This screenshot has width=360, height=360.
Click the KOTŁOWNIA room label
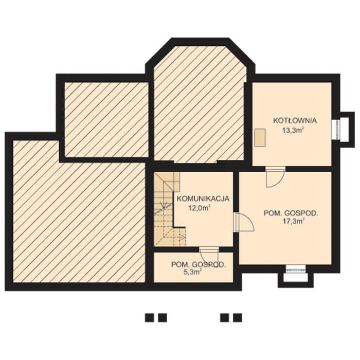tap(295, 120)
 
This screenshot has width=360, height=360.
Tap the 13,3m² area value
tap(293, 131)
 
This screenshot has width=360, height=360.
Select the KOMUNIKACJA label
tap(203, 199)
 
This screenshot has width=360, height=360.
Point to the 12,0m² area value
tap(200, 208)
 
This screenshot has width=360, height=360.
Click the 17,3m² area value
tap(293, 222)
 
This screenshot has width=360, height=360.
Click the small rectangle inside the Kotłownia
tap(260, 137)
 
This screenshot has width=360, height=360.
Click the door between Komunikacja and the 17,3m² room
tap(244, 222)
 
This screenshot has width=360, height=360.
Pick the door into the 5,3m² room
tap(209, 256)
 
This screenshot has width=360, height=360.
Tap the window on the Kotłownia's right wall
tap(336, 130)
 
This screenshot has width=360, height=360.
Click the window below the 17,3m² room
tap(296, 269)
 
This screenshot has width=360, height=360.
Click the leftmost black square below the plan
tap(149, 318)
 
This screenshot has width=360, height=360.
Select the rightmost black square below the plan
tap(238, 318)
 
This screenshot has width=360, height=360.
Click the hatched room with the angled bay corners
tap(200, 103)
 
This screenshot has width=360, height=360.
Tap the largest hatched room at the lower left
tap(79, 211)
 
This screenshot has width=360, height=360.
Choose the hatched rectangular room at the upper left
tap(106, 119)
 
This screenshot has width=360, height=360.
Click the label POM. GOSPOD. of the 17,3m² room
tap(291, 213)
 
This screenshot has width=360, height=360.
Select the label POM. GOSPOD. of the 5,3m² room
tap(199, 264)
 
